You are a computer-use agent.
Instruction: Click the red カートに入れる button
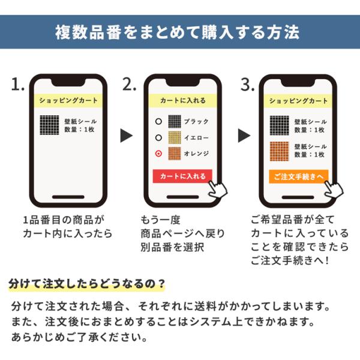coord(182,176)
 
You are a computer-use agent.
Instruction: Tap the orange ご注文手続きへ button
coord(298,176)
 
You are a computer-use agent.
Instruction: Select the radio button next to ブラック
coord(158,121)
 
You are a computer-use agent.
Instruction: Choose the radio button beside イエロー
coord(158,137)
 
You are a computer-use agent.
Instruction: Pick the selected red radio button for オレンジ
coord(158,154)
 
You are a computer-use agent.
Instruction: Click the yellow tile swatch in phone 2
coord(175,137)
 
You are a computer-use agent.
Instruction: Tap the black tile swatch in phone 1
coord(49,125)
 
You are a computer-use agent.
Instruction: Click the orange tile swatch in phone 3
coord(279,151)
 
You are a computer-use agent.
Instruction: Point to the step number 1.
coord(17,84)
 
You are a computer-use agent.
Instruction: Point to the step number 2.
coord(129,84)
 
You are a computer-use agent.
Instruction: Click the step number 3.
coord(247,84)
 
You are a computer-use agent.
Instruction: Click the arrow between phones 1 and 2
coord(127,136)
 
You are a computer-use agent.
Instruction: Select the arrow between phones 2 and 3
coord(244,136)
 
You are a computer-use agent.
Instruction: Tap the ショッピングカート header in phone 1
coord(68,101)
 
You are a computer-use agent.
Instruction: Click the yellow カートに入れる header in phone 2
coord(183,101)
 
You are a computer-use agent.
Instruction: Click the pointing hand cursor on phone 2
coord(217,189)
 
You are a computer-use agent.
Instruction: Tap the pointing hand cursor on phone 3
coord(334,189)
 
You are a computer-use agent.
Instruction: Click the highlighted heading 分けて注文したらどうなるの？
coord(87,284)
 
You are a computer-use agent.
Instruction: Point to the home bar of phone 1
coord(68,197)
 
